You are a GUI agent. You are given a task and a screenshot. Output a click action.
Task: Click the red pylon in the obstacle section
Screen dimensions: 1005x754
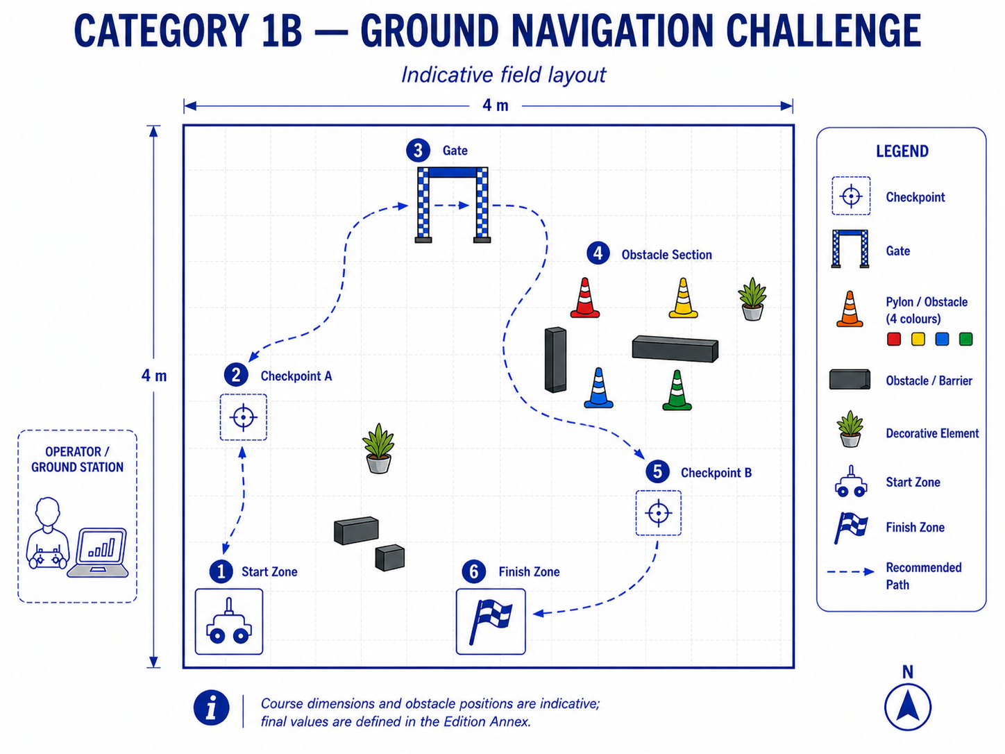click(x=584, y=298)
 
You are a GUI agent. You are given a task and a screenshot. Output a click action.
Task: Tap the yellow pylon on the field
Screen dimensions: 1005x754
click(x=683, y=298)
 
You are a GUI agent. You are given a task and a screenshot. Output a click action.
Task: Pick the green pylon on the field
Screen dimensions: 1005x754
click(x=677, y=390)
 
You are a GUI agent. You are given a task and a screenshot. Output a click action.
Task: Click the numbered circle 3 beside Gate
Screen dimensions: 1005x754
click(x=418, y=150)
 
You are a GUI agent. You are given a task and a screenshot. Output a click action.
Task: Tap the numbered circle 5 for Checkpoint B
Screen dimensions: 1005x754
click(x=657, y=471)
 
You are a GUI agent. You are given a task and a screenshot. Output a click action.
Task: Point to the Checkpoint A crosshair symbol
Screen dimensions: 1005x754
click(x=243, y=417)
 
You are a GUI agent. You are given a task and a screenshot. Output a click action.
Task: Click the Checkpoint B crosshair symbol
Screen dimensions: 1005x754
click(x=659, y=513)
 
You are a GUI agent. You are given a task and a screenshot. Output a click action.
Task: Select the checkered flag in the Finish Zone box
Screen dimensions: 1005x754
click(x=491, y=621)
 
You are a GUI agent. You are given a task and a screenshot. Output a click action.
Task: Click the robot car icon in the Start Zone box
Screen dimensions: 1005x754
click(x=229, y=621)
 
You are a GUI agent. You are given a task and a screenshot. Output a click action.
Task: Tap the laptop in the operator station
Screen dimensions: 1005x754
click(x=99, y=553)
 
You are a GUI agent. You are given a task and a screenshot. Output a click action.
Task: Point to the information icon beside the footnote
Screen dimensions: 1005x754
click(x=211, y=707)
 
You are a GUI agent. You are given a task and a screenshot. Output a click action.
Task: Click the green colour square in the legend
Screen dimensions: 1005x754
click(x=965, y=340)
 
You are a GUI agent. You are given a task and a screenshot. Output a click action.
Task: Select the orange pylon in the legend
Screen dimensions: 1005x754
click(x=850, y=309)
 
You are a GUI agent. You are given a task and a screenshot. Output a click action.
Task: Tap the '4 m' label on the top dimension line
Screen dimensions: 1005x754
click(x=496, y=106)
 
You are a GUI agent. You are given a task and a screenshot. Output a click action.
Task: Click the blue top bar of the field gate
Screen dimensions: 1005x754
click(x=453, y=172)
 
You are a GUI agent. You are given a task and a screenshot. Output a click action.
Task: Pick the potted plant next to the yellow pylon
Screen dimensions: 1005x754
click(x=752, y=299)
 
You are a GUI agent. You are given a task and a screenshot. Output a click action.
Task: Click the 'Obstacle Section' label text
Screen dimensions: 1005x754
click(x=666, y=255)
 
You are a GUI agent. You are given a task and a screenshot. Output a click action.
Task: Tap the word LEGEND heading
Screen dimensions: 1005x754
click(x=902, y=151)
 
